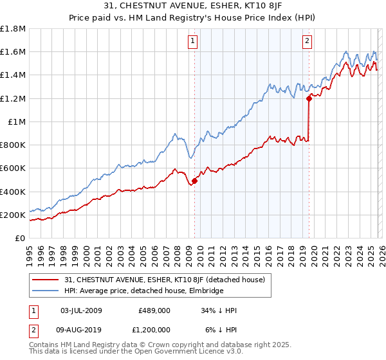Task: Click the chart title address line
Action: (x=192, y=6)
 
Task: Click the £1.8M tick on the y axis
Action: (x=13, y=29)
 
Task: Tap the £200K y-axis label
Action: (x=13, y=215)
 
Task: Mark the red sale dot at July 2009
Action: (x=194, y=181)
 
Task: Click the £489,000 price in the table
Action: (x=154, y=310)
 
